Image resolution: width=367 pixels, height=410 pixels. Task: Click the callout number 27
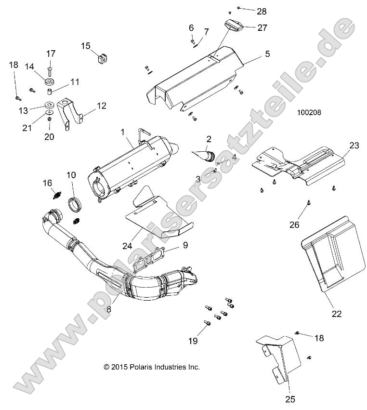click(x=262, y=27)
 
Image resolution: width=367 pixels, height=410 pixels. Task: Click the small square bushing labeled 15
click(x=101, y=59)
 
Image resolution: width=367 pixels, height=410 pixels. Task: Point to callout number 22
click(x=336, y=314)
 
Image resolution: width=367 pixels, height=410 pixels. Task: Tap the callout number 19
click(x=193, y=341)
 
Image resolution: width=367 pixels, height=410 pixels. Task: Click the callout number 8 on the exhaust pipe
click(x=109, y=310)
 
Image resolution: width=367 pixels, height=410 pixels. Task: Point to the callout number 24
click(x=127, y=246)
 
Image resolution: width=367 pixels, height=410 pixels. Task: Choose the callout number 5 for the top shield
click(x=267, y=54)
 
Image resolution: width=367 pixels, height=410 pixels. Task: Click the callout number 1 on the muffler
click(x=123, y=132)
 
